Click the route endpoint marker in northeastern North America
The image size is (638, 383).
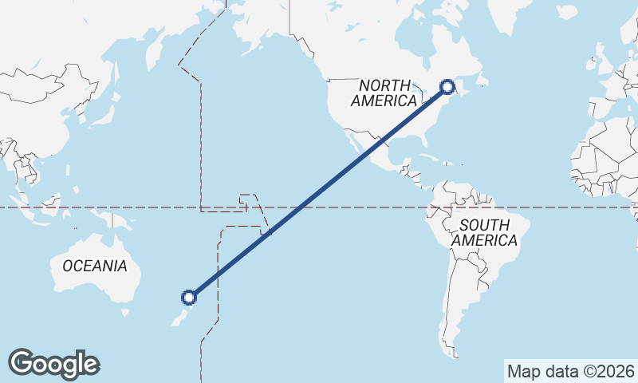click(x=447, y=86)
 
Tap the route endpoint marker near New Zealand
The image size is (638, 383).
click(x=189, y=298)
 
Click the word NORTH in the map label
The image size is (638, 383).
click(x=384, y=85)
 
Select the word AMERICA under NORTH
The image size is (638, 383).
click(x=384, y=101)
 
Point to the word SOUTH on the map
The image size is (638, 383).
click(x=484, y=225)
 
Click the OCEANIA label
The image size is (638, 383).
click(x=94, y=266)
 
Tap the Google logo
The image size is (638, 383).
click(x=53, y=364)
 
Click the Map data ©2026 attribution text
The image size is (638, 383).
click(x=571, y=371)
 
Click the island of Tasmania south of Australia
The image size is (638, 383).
click(x=124, y=313)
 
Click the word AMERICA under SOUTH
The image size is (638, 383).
click(x=484, y=240)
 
